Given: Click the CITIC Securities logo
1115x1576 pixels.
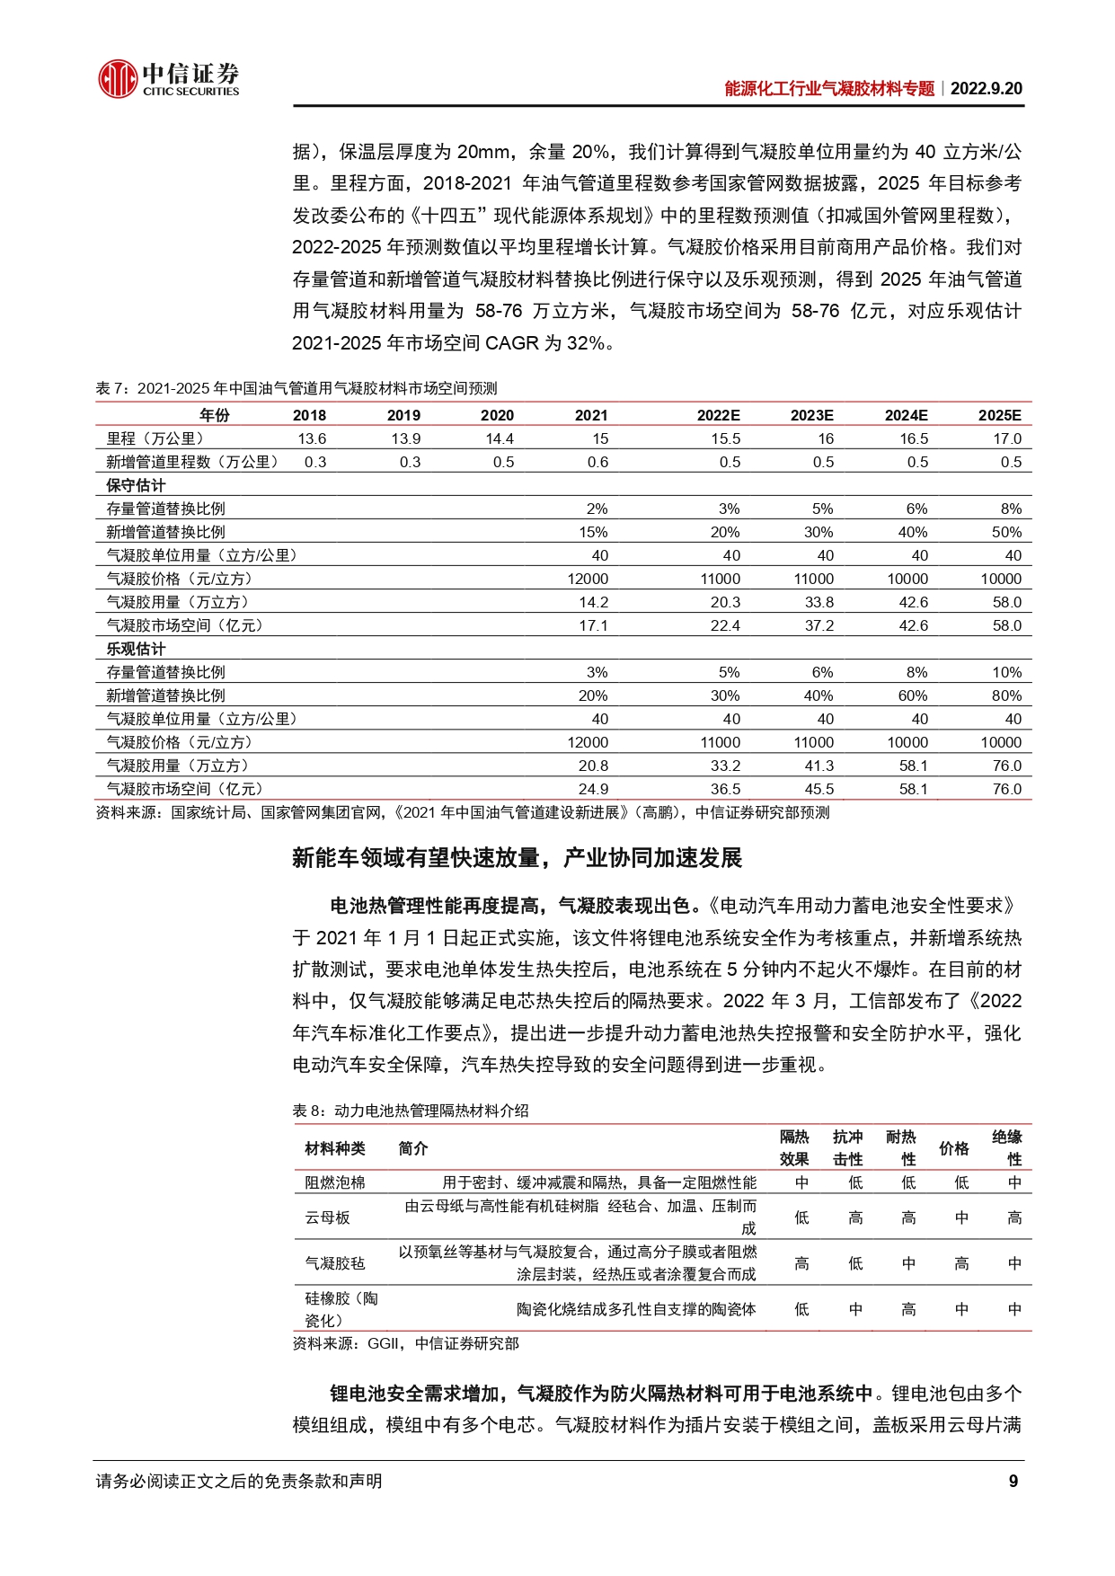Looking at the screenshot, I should coord(168,78).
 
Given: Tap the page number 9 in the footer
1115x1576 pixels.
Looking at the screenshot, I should coord(1013,1482).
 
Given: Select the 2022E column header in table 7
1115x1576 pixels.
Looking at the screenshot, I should coord(718,415).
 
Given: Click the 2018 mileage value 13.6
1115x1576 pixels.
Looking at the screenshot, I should coord(312,438).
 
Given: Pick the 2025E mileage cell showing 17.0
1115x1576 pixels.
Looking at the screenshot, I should coord(1007,438).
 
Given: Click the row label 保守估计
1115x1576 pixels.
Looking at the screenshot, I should coord(136,485).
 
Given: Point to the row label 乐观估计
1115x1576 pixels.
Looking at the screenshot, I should coord(136,649).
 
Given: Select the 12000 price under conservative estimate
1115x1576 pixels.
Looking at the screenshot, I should coord(588,579).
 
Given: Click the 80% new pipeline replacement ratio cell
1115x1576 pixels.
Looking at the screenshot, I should coord(1006,695).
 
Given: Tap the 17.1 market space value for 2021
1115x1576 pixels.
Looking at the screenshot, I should coord(593,625).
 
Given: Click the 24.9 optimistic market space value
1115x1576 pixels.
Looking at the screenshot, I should coord(593,789).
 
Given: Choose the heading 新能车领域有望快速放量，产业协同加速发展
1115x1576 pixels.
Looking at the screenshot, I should coord(517,858).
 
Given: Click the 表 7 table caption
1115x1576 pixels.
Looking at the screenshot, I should coord(296,388).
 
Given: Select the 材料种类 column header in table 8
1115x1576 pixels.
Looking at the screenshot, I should coord(335,1148).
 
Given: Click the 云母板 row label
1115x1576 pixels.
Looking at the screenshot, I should coord(327,1217).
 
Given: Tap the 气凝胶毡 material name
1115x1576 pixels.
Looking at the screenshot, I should coord(334,1263).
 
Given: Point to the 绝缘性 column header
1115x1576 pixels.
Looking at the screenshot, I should coord(1006,1148).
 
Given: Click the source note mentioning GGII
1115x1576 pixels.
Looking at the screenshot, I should coord(405,1343).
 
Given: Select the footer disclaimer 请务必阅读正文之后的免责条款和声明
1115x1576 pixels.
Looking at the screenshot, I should coord(239,1482).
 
